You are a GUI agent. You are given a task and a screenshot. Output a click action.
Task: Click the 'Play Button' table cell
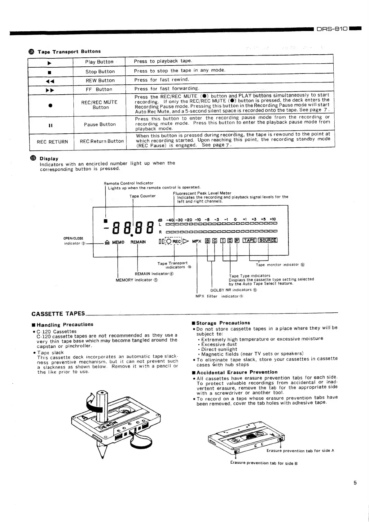tap(99, 62)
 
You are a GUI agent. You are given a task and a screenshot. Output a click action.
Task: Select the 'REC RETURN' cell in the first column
tap(52, 142)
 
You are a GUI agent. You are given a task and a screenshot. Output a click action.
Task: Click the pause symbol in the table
tap(51, 125)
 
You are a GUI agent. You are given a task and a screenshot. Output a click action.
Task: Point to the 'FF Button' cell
tap(99, 89)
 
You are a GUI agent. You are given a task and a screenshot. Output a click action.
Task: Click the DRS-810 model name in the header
tap(332, 29)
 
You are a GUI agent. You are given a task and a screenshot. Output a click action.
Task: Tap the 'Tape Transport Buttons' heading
tap(69, 51)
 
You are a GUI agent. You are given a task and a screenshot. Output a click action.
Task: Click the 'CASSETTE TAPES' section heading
tap(58, 314)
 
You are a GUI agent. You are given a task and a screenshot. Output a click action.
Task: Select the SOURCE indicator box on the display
tap(268, 240)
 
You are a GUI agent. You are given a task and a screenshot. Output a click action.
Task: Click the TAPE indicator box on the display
tap(249, 240)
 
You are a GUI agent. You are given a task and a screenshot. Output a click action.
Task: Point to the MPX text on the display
tap(197, 241)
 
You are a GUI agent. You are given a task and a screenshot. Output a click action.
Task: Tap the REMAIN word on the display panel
tap(138, 242)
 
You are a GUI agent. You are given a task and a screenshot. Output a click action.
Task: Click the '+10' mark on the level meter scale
tap(273, 219)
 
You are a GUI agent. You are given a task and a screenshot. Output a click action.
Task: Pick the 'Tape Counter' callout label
tap(143, 196)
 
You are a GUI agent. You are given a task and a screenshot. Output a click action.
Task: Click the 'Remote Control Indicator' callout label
tap(129, 183)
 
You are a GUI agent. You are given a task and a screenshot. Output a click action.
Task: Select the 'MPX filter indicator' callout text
tap(219, 296)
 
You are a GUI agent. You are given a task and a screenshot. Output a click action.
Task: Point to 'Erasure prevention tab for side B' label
tap(264, 463)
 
